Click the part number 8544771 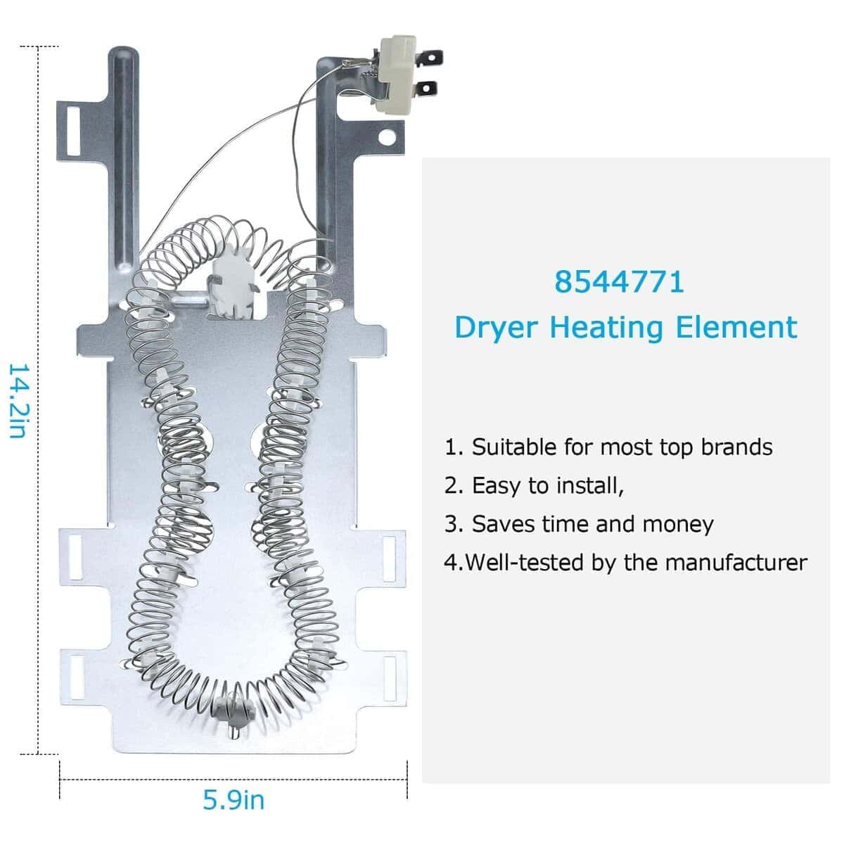[x=619, y=282]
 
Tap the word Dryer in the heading [x=497, y=328]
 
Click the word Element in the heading [x=736, y=327]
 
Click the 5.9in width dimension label [x=234, y=800]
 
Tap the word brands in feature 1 [x=736, y=447]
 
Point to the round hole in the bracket [x=387, y=138]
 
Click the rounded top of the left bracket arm [x=123, y=53]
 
